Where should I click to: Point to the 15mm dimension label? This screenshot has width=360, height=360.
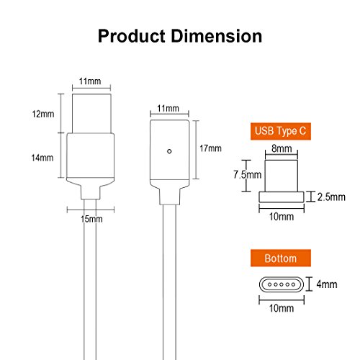89,219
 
